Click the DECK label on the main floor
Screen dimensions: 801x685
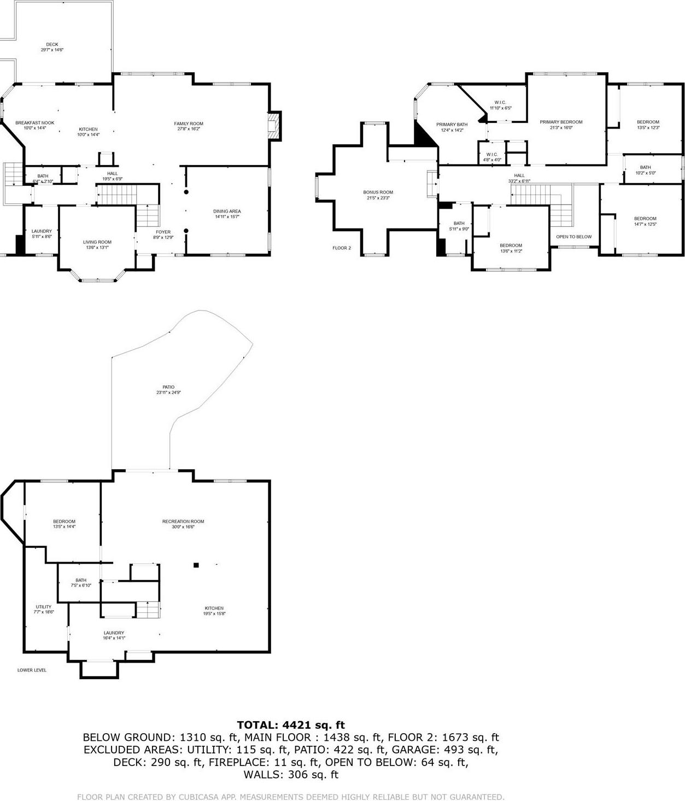pyautogui.click(x=52, y=45)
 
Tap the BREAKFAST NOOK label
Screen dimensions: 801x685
pyautogui.click(x=34, y=123)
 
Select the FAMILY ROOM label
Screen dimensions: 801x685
pyautogui.click(x=189, y=124)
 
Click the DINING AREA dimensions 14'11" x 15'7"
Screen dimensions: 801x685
pyautogui.click(x=227, y=217)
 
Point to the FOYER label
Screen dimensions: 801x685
pyautogui.click(x=163, y=232)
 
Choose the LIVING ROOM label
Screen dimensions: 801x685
pyautogui.click(x=97, y=242)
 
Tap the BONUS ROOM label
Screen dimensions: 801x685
pyautogui.click(x=378, y=192)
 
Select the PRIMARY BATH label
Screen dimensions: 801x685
pyautogui.click(x=452, y=125)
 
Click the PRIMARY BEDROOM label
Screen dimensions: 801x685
pyautogui.click(x=561, y=122)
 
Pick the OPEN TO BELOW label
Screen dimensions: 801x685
pyautogui.click(x=573, y=237)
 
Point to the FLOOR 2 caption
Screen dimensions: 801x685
pyautogui.click(x=342, y=248)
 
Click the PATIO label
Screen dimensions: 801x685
pyautogui.click(x=168, y=387)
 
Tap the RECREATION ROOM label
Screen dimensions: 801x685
pyautogui.click(x=183, y=522)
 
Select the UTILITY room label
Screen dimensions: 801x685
pyautogui.click(x=44, y=607)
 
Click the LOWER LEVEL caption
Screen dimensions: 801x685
pyautogui.click(x=32, y=670)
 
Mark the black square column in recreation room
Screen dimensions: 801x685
pyautogui.click(x=196, y=565)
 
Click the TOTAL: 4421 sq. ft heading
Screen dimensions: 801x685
pyautogui.click(x=291, y=725)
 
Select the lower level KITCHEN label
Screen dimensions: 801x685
pyautogui.click(x=214, y=608)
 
